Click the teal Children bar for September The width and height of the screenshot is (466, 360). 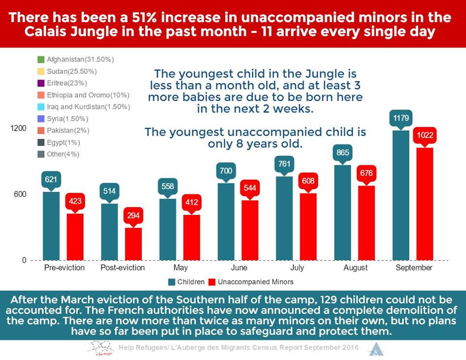pyautogui.click(x=401, y=195)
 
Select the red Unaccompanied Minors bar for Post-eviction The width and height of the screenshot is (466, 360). pyautogui.click(x=133, y=244)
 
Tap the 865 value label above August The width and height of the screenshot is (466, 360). pyautogui.click(x=343, y=153)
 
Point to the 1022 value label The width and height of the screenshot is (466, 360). pyautogui.click(x=425, y=136)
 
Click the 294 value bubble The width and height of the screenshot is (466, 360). pyautogui.click(x=133, y=215)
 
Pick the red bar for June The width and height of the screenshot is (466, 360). pyautogui.click(x=250, y=230)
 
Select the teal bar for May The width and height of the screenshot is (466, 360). pyautogui.click(x=167, y=229)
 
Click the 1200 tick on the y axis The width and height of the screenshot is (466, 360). pyautogui.click(x=18, y=128)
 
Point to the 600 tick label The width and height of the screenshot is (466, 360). pyautogui.click(x=20, y=194)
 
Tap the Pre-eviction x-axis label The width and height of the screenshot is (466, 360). pyautogui.click(x=64, y=268)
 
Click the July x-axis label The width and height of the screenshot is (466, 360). pyautogui.click(x=297, y=268)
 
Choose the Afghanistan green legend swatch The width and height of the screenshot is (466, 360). pyautogui.click(x=41, y=59)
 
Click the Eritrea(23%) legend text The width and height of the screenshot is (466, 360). pyautogui.click(x=67, y=83)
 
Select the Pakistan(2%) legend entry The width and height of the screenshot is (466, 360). pyautogui.click(x=63, y=131)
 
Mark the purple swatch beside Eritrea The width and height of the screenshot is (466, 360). pyautogui.click(x=41, y=83)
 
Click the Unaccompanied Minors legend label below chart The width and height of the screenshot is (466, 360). pyautogui.click(x=256, y=282)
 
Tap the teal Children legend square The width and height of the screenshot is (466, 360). pyautogui.click(x=171, y=282)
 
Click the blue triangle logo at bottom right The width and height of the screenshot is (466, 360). pyautogui.click(x=376, y=349)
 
